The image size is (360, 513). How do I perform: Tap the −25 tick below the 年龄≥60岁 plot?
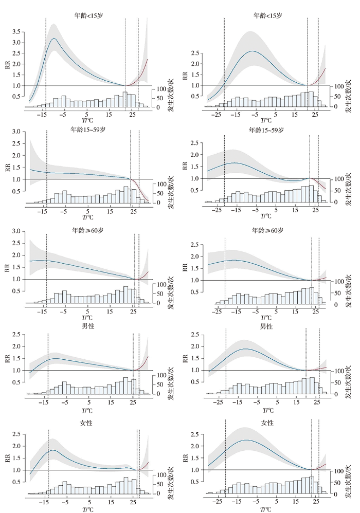pos(218,312)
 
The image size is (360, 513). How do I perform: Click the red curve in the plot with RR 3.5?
pos(141,72)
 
